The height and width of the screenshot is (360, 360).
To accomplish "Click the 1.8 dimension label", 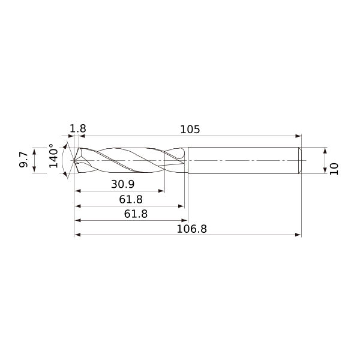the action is click(x=78, y=128).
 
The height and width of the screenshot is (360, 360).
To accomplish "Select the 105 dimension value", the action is click(x=190, y=130).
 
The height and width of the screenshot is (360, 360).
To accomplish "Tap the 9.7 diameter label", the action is click(x=23, y=160).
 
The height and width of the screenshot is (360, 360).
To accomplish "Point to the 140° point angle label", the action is click(x=53, y=156).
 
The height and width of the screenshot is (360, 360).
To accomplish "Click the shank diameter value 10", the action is click(x=334, y=169).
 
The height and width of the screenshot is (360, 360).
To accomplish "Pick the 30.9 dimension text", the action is click(x=123, y=184).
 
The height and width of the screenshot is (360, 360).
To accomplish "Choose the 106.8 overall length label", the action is click(x=192, y=229).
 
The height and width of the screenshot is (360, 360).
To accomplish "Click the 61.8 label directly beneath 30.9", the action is click(x=131, y=199).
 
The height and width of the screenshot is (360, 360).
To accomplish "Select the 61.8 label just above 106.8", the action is click(x=136, y=214).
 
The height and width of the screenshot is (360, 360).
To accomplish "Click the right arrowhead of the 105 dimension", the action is click(x=298, y=136).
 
